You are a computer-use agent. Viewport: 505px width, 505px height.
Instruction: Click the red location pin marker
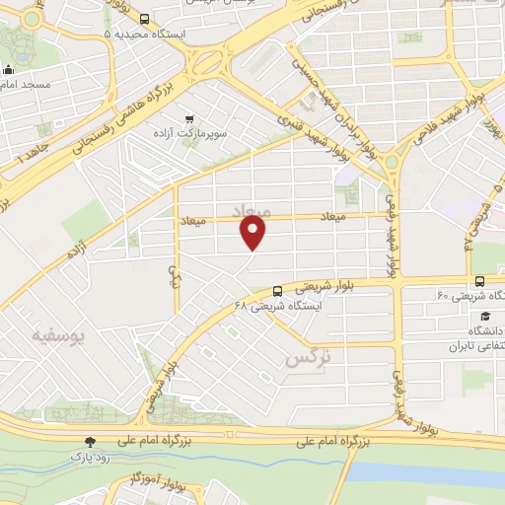click(x=254, y=233)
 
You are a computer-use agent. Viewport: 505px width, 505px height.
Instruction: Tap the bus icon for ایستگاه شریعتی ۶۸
click(x=277, y=291)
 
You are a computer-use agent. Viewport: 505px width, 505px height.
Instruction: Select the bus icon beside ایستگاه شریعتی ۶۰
click(x=478, y=281)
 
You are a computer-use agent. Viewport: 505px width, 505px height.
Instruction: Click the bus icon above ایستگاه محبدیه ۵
click(x=145, y=19)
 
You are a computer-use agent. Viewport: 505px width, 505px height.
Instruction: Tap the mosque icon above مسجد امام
click(x=9, y=70)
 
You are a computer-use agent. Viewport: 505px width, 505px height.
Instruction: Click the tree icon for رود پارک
click(x=91, y=442)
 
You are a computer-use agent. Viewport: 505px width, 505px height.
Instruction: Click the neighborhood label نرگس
click(x=305, y=359)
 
